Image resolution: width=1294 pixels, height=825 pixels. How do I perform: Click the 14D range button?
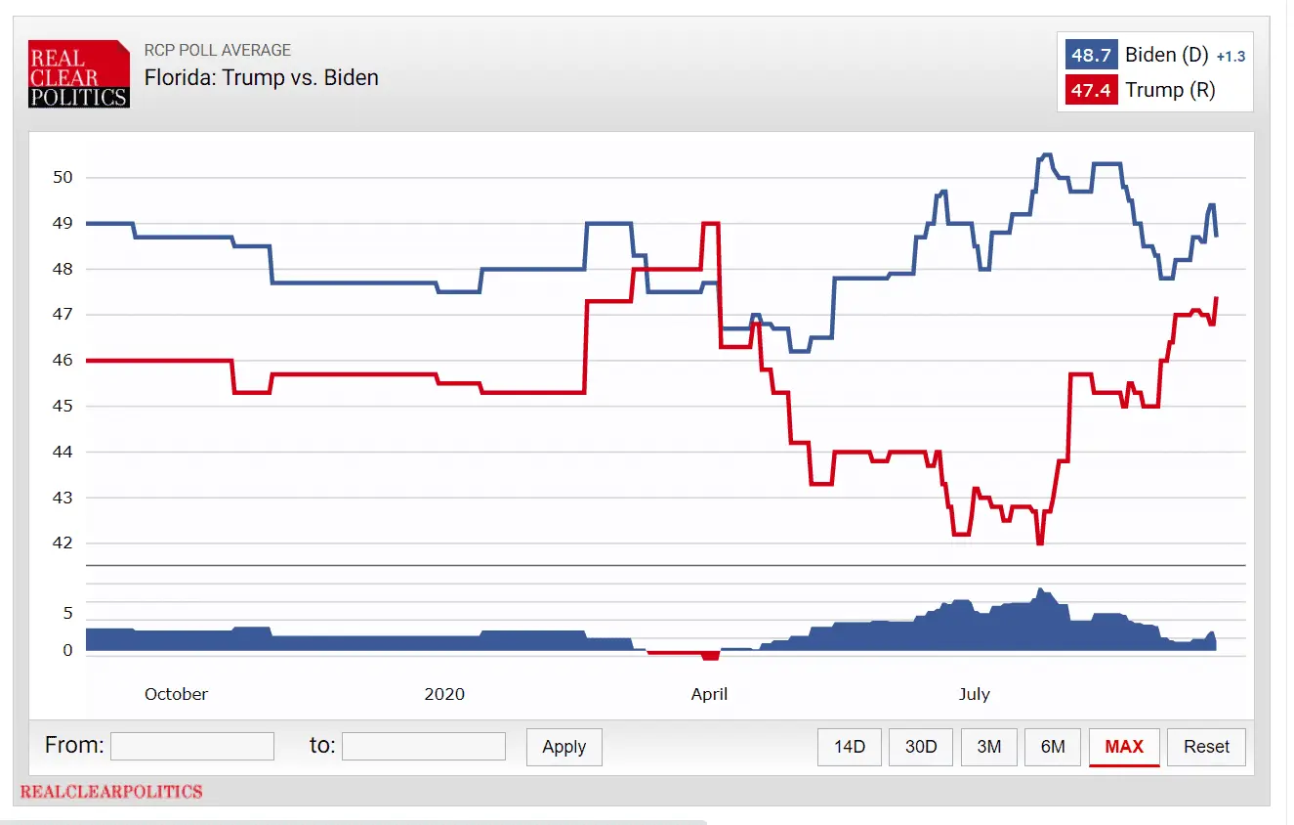click(850, 747)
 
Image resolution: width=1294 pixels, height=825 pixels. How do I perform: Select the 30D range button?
click(921, 747)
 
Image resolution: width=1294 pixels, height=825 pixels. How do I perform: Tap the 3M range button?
click(989, 747)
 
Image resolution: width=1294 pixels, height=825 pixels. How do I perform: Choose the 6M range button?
click(1053, 747)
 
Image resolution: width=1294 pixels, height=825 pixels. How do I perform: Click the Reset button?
click(1206, 747)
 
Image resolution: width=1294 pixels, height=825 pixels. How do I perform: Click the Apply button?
click(564, 747)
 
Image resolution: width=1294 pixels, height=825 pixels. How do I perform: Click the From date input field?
click(192, 747)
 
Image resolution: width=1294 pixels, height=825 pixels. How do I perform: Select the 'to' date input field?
click(424, 747)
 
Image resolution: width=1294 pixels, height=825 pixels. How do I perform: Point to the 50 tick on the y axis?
click(63, 177)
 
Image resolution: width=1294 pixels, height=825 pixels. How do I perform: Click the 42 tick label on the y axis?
click(63, 543)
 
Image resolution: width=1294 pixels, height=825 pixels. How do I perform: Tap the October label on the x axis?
click(176, 694)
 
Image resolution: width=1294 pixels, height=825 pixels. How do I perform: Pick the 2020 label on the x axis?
click(444, 694)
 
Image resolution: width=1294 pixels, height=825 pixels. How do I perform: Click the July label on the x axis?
click(974, 694)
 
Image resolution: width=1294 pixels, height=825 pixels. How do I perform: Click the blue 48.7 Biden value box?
click(1092, 56)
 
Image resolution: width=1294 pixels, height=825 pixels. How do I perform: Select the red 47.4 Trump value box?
click(1092, 91)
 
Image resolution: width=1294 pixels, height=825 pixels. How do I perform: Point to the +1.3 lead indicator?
click(1231, 57)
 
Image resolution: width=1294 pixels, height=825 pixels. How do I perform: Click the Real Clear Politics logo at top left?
click(79, 73)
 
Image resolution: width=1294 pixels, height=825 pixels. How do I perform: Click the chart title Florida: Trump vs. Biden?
click(262, 77)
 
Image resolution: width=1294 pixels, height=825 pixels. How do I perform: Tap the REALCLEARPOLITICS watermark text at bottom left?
click(111, 792)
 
